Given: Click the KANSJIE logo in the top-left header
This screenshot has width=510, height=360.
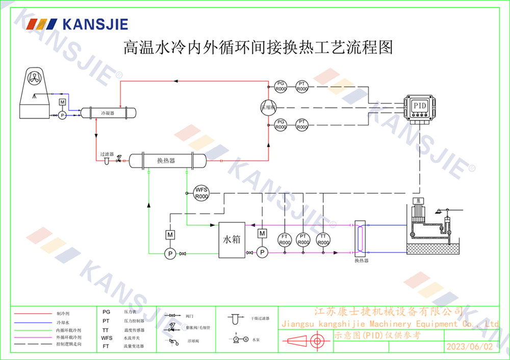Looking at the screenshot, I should [x=77, y=24].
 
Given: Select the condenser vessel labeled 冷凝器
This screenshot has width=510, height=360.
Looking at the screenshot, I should [x=107, y=113].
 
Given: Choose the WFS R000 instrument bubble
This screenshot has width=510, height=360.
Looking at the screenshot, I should [x=201, y=193].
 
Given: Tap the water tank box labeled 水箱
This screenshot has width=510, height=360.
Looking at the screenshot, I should [x=232, y=239].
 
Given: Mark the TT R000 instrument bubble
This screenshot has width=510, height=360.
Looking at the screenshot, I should [x=323, y=240].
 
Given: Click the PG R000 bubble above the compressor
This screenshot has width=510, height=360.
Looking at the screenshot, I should [x=280, y=86].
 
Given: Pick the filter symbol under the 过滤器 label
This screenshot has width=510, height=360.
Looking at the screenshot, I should [x=106, y=161].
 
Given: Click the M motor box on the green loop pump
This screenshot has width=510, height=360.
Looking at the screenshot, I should [x=170, y=235].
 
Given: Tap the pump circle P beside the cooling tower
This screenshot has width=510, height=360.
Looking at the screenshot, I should [x=62, y=116].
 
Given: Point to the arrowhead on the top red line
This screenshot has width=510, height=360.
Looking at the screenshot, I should [x=176, y=81].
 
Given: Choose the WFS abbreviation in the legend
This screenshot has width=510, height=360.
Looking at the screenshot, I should [x=106, y=338].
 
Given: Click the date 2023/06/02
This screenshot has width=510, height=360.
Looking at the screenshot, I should [x=469, y=346].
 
